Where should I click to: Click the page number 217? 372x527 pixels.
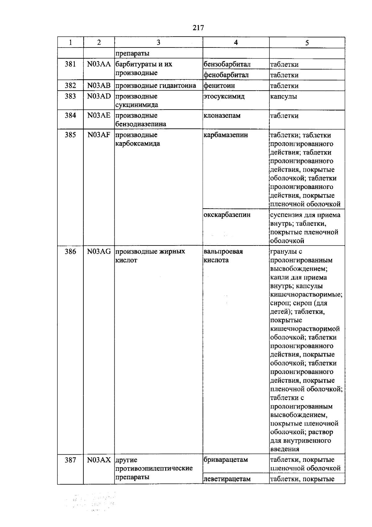click(x=198, y=28)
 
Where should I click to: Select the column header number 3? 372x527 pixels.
click(x=158, y=43)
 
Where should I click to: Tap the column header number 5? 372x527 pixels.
click(x=307, y=43)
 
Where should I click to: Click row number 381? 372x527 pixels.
click(x=70, y=65)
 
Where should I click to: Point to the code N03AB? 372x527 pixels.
click(x=99, y=85)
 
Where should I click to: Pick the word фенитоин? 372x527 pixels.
click(x=219, y=85)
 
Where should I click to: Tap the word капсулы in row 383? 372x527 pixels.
click(x=283, y=96)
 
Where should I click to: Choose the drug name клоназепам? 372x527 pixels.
click(x=222, y=116)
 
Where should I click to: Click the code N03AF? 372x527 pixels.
click(x=99, y=135)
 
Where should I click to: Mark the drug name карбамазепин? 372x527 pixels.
click(x=226, y=135)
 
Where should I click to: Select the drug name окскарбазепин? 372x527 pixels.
click(x=227, y=215)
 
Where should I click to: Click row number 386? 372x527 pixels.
click(x=70, y=252)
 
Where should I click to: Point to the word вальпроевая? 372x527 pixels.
click(x=223, y=252)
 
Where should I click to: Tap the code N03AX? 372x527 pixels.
click(x=99, y=460)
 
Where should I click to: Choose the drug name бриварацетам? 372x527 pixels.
click(x=226, y=460)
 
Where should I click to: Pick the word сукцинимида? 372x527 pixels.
click(x=137, y=105)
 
